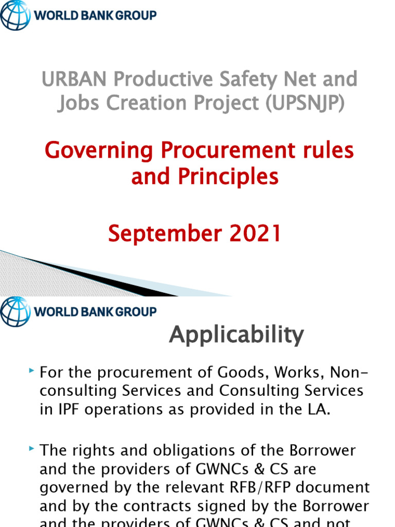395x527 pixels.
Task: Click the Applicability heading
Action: coord(237,336)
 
